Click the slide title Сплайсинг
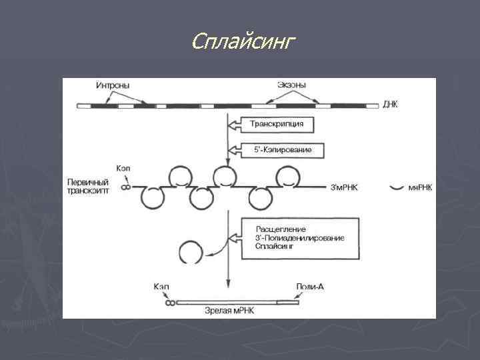242,42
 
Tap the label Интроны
113,85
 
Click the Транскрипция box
277,124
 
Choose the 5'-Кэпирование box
277,150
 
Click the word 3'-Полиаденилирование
299,238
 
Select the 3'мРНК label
345,188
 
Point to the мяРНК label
419,188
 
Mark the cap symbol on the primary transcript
124,188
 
